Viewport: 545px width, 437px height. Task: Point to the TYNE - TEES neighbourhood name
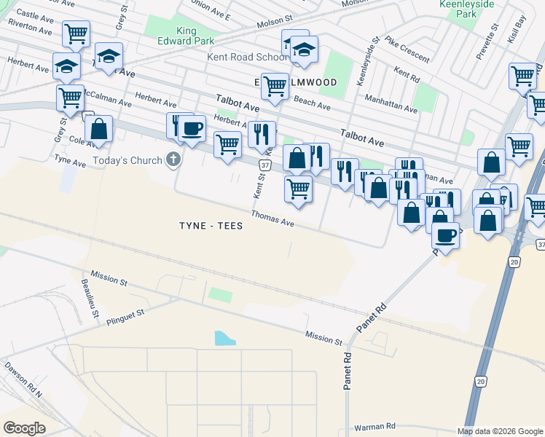coord(211,226)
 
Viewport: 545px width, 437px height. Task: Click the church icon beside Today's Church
coord(173,159)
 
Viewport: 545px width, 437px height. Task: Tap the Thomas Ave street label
coord(272,218)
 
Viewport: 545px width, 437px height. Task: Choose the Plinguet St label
coord(125,315)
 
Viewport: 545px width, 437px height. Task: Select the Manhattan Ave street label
coord(391,103)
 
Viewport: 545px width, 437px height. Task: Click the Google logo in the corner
coord(25,428)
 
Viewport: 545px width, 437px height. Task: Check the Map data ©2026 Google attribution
coord(500,431)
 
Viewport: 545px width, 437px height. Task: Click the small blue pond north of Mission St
coord(225,338)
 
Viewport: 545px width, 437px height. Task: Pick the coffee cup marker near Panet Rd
coord(446,236)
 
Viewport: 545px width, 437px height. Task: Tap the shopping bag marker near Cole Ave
coord(99,130)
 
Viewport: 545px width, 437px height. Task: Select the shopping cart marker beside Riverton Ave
coord(76,34)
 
